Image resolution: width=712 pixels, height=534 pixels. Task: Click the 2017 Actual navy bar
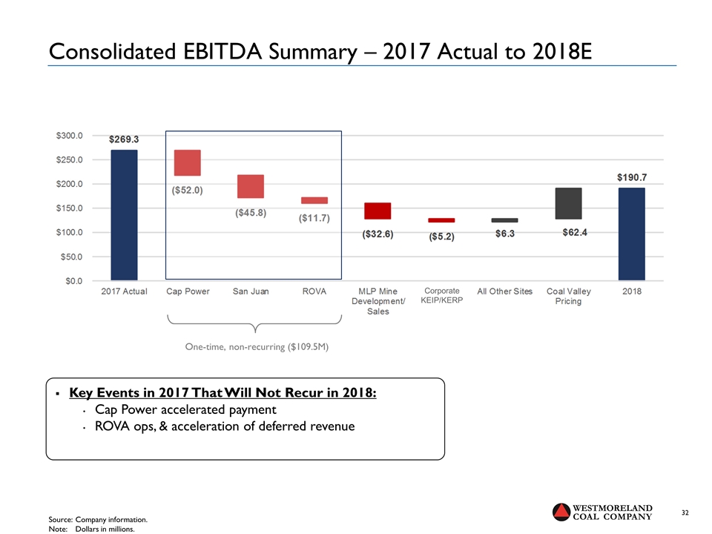[x=124, y=214]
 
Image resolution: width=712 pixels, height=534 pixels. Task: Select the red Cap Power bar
[x=187, y=162]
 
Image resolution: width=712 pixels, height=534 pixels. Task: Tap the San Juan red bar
[x=251, y=186]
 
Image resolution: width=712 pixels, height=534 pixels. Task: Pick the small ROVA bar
[x=314, y=200]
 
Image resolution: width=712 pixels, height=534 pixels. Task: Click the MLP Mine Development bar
[x=378, y=211]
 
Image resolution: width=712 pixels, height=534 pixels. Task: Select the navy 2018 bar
[x=631, y=234]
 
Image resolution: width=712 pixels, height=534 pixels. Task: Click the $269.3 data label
[x=125, y=139]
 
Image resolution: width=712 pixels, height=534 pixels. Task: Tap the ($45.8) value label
[x=251, y=213]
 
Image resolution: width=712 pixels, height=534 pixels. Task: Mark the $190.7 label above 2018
[x=632, y=178]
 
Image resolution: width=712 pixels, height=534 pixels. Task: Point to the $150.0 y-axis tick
[x=70, y=208]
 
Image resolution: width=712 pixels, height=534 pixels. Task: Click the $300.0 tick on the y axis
[x=70, y=136]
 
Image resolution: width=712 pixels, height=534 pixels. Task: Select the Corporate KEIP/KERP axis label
[x=441, y=296]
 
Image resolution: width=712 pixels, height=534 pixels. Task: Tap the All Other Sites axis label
[x=504, y=291]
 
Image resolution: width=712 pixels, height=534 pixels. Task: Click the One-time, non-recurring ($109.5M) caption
[x=257, y=346]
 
